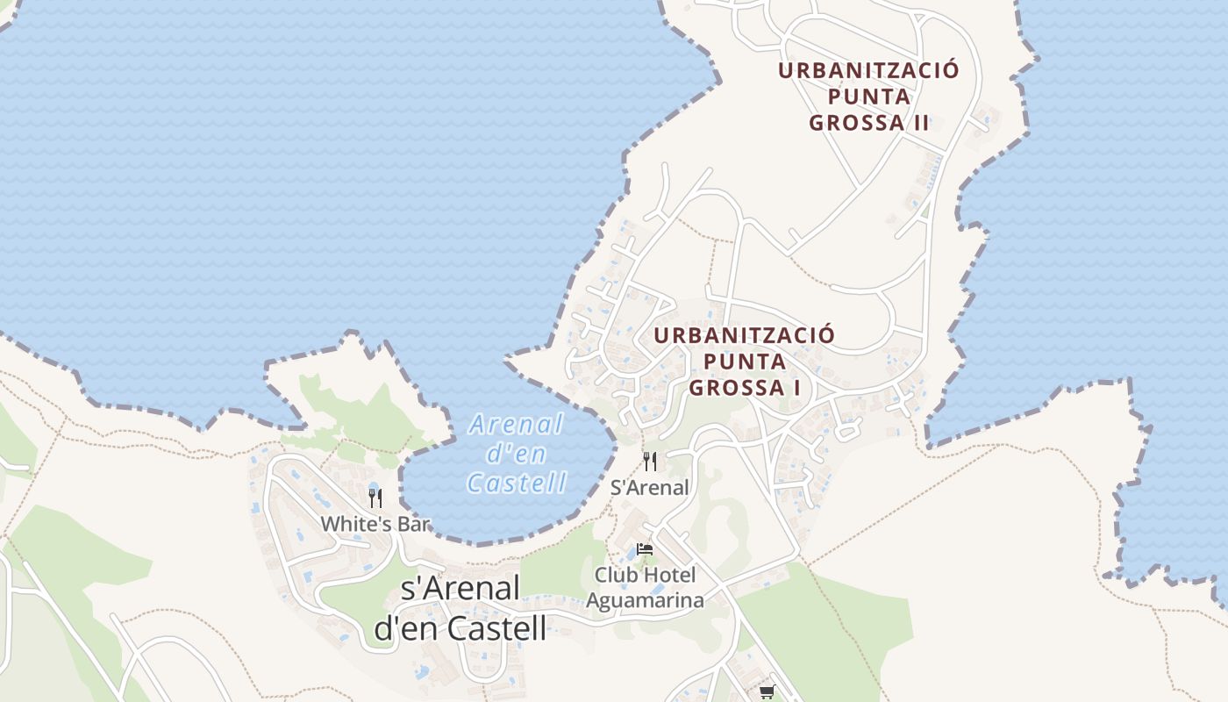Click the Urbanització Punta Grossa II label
pyautogui.click(x=868, y=97)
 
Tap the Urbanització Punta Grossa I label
pyautogui.click(x=744, y=361)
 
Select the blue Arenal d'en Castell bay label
pyautogui.click(x=517, y=454)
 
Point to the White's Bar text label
pyautogui.click(x=375, y=524)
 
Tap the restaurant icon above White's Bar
pyautogui.click(x=375, y=498)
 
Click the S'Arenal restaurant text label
pyautogui.click(x=649, y=488)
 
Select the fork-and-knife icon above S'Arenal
pyautogui.click(x=650, y=462)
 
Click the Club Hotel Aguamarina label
pyautogui.click(x=645, y=588)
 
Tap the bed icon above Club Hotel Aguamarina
pyautogui.click(x=645, y=549)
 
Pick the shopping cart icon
pyautogui.click(x=767, y=691)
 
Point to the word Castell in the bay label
pyautogui.click(x=517, y=483)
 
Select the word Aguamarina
pyautogui.click(x=645, y=600)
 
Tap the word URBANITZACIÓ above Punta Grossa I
pyautogui.click(x=744, y=335)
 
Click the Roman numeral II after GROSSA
pyautogui.click(x=919, y=123)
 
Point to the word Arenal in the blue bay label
pyautogui.click(x=517, y=426)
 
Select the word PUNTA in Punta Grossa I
pyautogui.click(x=744, y=361)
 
